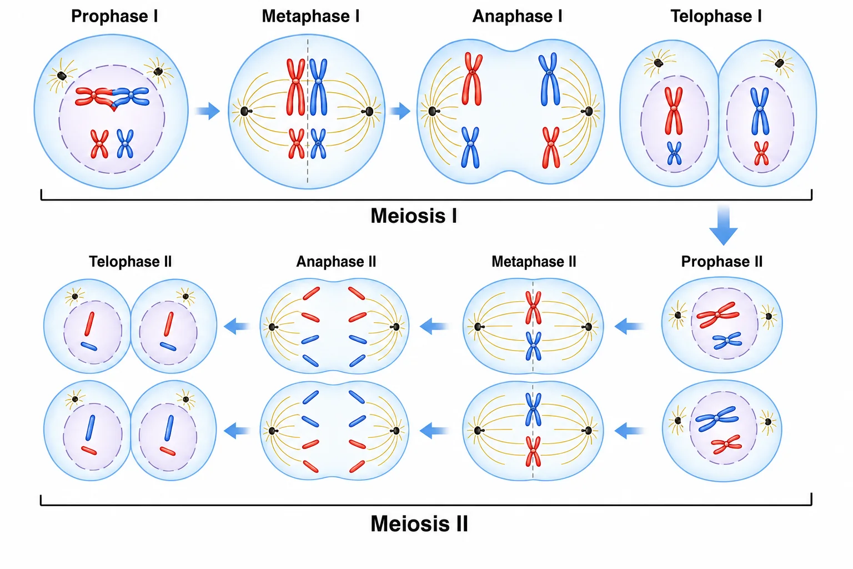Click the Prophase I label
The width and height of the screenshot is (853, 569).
click(x=114, y=16)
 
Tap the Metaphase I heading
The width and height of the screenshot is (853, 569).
click(x=310, y=16)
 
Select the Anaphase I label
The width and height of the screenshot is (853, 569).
click(x=517, y=16)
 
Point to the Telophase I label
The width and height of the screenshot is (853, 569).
click(x=716, y=16)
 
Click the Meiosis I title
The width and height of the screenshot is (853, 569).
click(x=414, y=216)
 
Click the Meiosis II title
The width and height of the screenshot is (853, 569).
click(x=419, y=523)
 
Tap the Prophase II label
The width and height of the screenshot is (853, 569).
click(x=721, y=262)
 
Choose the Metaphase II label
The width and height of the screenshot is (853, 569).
click(x=534, y=262)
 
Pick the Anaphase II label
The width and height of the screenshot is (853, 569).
click(x=336, y=262)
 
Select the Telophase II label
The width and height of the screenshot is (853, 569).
click(x=131, y=262)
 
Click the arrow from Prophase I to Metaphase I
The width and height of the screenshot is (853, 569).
click(x=208, y=111)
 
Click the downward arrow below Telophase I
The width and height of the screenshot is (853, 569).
click(x=723, y=225)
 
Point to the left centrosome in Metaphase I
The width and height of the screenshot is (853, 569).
click(x=245, y=111)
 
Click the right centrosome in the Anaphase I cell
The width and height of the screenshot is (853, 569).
click(x=588, y=111)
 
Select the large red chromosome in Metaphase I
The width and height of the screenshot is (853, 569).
click(x=295, y=87)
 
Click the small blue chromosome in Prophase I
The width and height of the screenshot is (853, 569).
click(x=125, y=144)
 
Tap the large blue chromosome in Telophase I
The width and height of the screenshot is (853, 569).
click(x=760, y=111)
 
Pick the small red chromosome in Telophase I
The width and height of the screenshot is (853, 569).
click(x=761, y=153)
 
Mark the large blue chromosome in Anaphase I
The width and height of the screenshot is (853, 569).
click(x=549, y=79)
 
